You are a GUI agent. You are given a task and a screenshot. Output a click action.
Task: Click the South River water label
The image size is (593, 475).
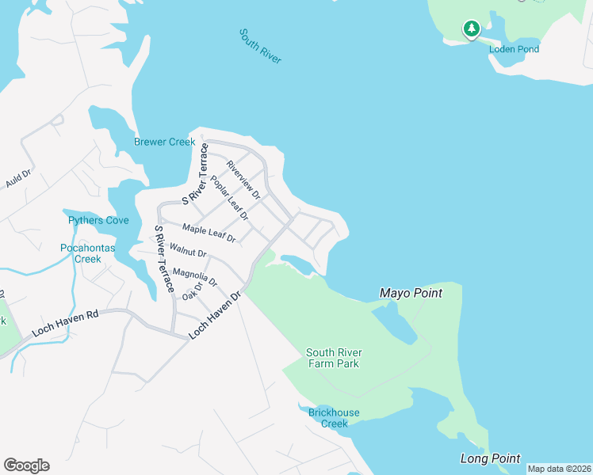tap(260, 47)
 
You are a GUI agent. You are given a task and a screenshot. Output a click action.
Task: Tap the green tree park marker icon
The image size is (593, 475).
tap(472, 30)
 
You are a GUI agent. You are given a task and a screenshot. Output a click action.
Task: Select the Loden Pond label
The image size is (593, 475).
tap(514, 49)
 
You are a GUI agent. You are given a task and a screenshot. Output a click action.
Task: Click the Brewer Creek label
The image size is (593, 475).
tap(164, 142)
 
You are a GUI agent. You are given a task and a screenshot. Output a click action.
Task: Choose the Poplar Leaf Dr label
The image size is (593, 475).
tap(229, 199)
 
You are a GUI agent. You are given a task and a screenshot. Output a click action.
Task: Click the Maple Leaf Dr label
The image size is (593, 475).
tap(209, 233)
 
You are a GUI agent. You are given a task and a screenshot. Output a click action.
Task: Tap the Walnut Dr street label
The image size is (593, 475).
tap(189, 253)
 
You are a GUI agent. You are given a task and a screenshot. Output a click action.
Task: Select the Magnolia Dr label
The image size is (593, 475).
tap(194, 279)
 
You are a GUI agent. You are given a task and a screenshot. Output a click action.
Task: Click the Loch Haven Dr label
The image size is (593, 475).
tap(215, 316)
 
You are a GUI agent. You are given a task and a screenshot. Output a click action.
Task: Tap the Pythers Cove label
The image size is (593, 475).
tap(98, 220)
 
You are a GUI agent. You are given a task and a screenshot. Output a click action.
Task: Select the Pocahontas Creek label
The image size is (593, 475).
tap(88, 253)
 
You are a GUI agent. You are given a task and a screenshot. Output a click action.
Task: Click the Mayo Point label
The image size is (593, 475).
tap(410, 293)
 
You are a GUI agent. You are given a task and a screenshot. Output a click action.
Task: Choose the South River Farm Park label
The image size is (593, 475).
tap(334, 358)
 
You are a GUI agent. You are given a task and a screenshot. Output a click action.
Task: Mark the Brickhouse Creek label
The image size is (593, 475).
tap(334, 418)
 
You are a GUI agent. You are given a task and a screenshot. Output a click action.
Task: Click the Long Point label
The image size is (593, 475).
tap(490, 458)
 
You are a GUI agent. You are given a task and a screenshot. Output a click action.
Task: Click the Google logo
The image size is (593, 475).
tap(26, 465)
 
